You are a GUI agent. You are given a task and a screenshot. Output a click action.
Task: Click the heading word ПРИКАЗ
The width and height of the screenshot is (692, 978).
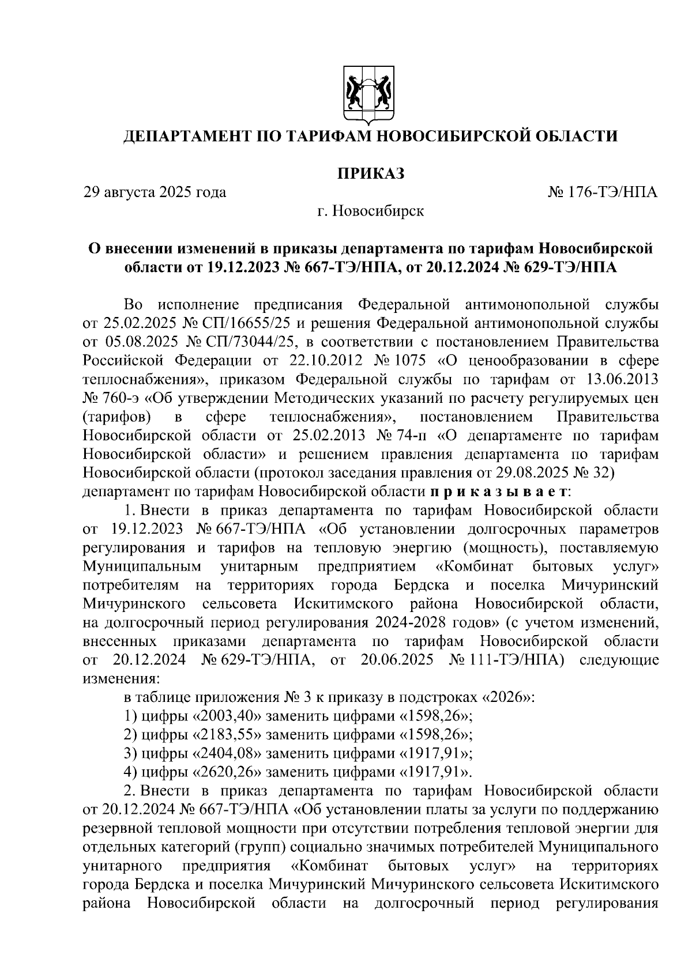click(x=370, y=172)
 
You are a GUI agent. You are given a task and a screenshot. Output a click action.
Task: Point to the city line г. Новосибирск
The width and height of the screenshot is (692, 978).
click(x=370, y=211)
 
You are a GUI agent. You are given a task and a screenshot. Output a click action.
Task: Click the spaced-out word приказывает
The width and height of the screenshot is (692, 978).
click(x=499, y=492)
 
